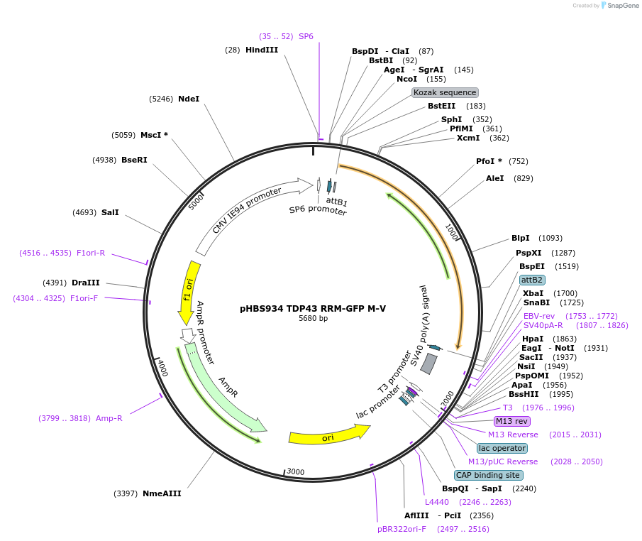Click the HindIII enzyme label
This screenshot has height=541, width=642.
coord(261,50)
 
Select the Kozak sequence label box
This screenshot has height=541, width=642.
coord(445,92)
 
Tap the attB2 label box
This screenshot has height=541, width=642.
coord(532,280)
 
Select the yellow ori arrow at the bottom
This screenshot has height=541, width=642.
coord(329,435)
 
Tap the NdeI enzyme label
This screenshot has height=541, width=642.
coord(189,99)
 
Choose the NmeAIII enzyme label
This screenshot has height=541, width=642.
coord(162,493)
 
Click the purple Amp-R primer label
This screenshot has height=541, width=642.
coord(109,418)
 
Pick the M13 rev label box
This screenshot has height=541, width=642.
coord(512,421)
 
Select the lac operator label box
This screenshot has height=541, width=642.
coord(502,448)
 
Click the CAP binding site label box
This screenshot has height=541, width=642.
coord(488,475)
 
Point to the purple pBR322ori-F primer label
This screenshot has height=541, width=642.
coord(402,529)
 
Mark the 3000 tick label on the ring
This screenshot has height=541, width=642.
coord(295,472)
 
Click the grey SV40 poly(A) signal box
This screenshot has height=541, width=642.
coord(428,364)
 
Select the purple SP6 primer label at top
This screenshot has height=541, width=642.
coord(306,35)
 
